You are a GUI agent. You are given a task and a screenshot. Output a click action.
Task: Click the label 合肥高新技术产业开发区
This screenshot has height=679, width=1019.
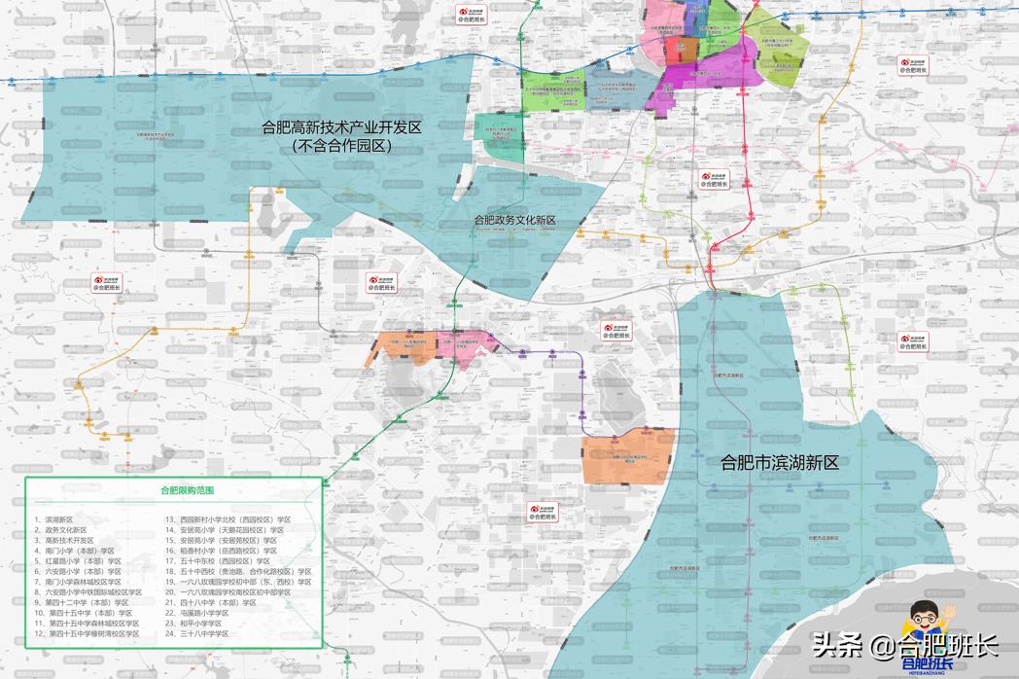347,126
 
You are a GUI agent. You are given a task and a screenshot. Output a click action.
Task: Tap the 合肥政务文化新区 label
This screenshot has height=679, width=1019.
514,221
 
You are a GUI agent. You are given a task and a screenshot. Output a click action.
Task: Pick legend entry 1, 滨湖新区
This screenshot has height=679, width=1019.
53,520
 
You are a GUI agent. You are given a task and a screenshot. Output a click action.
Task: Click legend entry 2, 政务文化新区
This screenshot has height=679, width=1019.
59,530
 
